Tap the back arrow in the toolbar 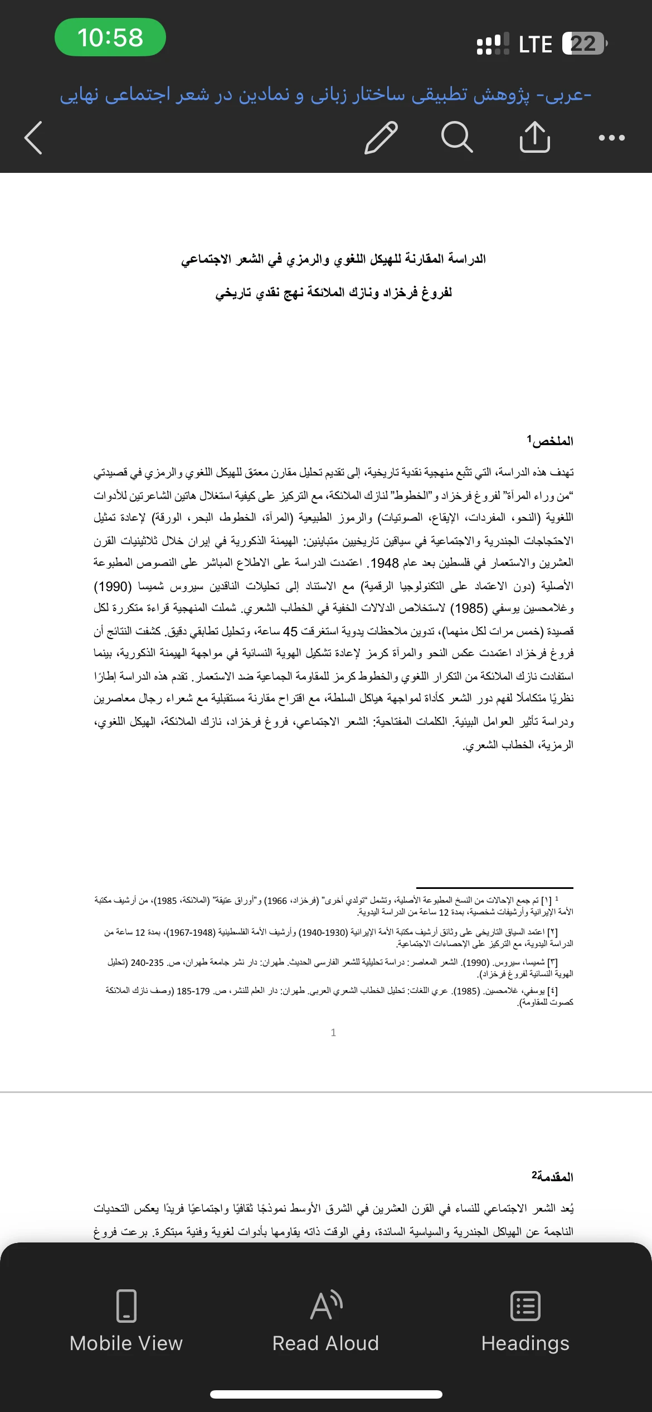tap(33, 137)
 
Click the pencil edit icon tap(381, 137)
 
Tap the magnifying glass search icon tap(457, 137)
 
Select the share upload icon tap(534, 137)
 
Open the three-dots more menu tap(611, 137)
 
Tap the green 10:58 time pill tap(110, 37)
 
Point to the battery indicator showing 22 tap(584, 43)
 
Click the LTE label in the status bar tap(535, 44)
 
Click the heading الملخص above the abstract tap(552, 441)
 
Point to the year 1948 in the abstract tap(385, 563)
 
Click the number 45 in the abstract tap(290, 631)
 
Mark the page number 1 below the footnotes tap(333, 1032)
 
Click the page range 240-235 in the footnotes tap(147, 963)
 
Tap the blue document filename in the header tap(325, 95)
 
